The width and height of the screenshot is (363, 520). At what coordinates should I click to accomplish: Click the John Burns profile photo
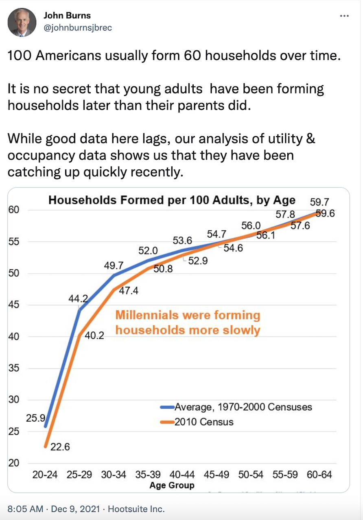tap(22, 22)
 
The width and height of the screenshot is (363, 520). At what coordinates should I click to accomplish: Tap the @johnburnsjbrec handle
tap(77, 28)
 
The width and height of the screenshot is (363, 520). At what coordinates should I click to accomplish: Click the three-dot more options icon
tap(344, 16)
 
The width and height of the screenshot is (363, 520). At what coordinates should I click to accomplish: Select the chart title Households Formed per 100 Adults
tap(172, 200)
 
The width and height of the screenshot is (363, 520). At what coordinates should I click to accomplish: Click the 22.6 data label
tap(60, 447)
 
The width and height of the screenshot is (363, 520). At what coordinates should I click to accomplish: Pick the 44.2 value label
tap(78, 299)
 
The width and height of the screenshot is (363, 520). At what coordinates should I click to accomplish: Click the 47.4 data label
tap(130, 290)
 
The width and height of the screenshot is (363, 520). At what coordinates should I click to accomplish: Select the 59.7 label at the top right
tap(319, 202)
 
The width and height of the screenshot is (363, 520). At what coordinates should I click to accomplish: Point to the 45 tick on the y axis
tap(13, 305)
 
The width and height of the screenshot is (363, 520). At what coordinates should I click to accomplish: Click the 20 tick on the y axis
tap(13, 463)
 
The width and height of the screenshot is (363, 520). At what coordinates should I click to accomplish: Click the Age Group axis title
tap(172, 485)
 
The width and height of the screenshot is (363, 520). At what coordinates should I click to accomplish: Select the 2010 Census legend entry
tap(204, 422)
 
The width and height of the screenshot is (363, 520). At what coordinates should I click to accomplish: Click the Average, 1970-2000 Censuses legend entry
tap(243, 407)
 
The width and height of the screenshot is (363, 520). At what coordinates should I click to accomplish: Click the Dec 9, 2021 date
tap(71, 509)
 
